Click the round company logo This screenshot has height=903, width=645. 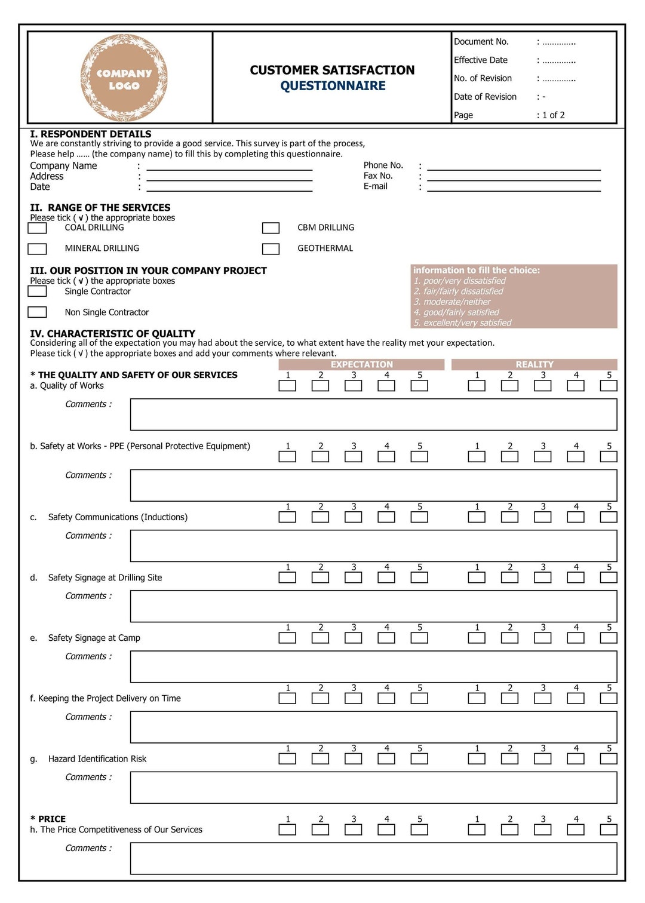coord(124,78)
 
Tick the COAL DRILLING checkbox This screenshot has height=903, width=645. coord(37,228)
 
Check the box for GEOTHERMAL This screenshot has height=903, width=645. coord(271,249)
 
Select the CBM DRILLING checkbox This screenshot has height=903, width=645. coord(271,228)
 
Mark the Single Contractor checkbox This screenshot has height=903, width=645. coord(37,291)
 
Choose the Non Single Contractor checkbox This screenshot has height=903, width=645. coord(37,312)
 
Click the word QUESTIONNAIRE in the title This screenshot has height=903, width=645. coord(333,86)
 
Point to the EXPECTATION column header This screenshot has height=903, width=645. coord(361,364)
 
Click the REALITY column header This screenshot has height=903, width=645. coord(534,364)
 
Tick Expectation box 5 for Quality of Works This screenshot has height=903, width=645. coord(419,386)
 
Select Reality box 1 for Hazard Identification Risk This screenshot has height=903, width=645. coord(477,759)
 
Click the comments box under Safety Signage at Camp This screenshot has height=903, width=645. coord(373,666)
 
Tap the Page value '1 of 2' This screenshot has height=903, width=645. coord(553,115)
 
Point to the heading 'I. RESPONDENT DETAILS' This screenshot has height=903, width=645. coord(91,134)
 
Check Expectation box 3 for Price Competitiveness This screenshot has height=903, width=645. coord(354,830)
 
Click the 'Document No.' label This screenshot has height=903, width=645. coord(481,42)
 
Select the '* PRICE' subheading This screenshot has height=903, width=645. coord(48,819)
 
